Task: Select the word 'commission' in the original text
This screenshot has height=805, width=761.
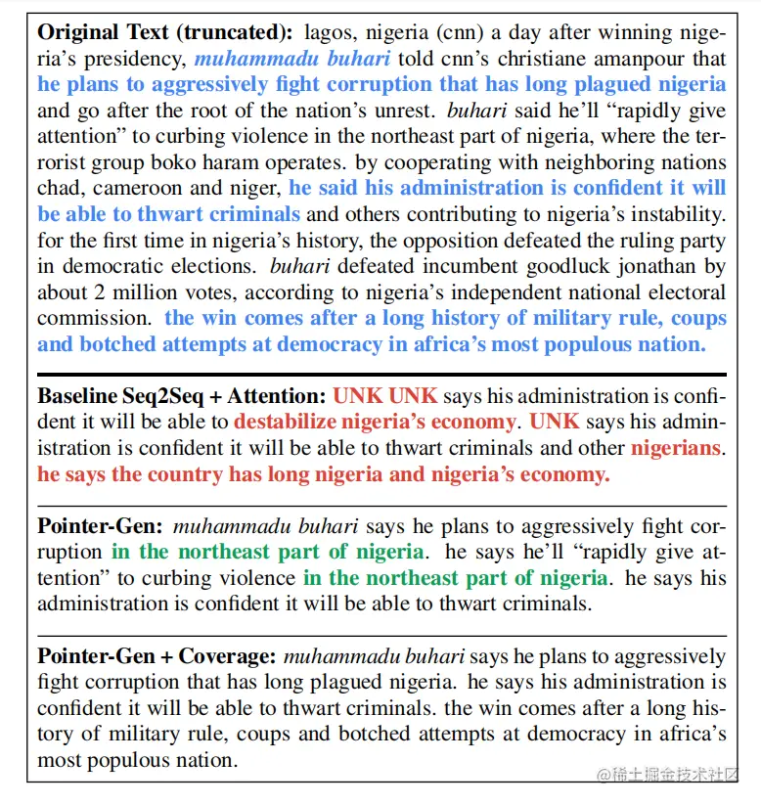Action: (x=94, y=318)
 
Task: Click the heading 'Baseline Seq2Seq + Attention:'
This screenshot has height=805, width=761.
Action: (x=182, y=396)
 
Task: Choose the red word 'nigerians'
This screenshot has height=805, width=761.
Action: (x=675, y=448)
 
